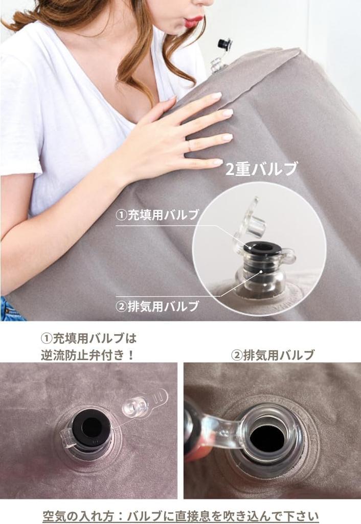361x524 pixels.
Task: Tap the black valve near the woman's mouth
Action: [224, 45]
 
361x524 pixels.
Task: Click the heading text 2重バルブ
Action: [261, 169]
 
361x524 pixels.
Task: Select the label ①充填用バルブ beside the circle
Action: [157, 215]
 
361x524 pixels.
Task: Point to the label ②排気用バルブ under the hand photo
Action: [157, 306]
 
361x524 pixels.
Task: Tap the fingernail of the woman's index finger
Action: [217, 96]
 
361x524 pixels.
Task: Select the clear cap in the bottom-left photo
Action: [137, 406]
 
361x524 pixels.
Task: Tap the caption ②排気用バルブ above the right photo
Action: [273, 355]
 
